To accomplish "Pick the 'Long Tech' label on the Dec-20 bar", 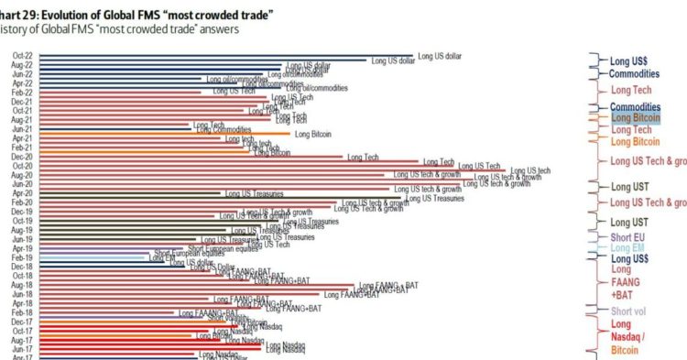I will coord(363,158).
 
